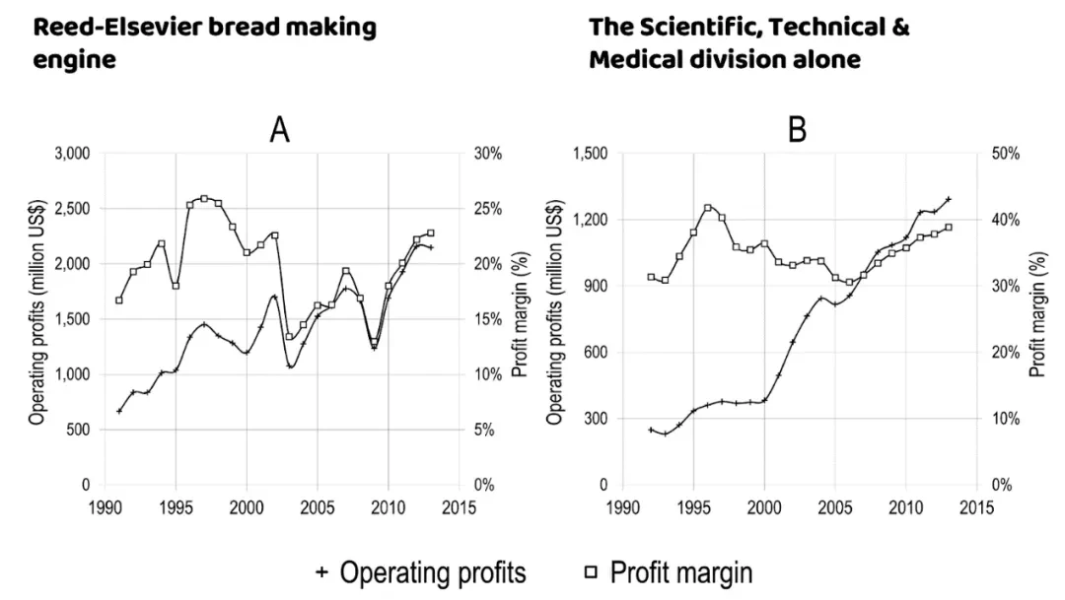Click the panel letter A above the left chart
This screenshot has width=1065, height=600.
pyautogui.click(x=280, y=130)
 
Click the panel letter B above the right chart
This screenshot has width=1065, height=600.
pyautogui.click(x=798, y=130)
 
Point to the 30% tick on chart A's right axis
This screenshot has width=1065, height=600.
pyautogui.click(x=490, y=154)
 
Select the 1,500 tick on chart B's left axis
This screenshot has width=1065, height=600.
pyautogui.click(x=589, y=154)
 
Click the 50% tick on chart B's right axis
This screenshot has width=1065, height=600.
pyautogui.click(x=1006, y=154)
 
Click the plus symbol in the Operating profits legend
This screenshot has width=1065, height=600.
pyautogui.click(x=320, y=572)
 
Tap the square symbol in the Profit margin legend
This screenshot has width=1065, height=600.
pyautogui.click(x=590, y=572)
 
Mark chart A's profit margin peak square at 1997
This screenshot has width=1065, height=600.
pyautogui.click(x=204, y=199)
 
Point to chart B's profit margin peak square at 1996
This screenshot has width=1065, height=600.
pyautogui.click(x=707, y=208)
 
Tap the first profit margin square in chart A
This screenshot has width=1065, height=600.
pyautogui.click(x=119, y=300)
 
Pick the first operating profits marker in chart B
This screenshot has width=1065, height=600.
pyautogui.click(x=651, y=430)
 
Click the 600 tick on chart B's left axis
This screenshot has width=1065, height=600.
pyautogui.click(x=594, y=353)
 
